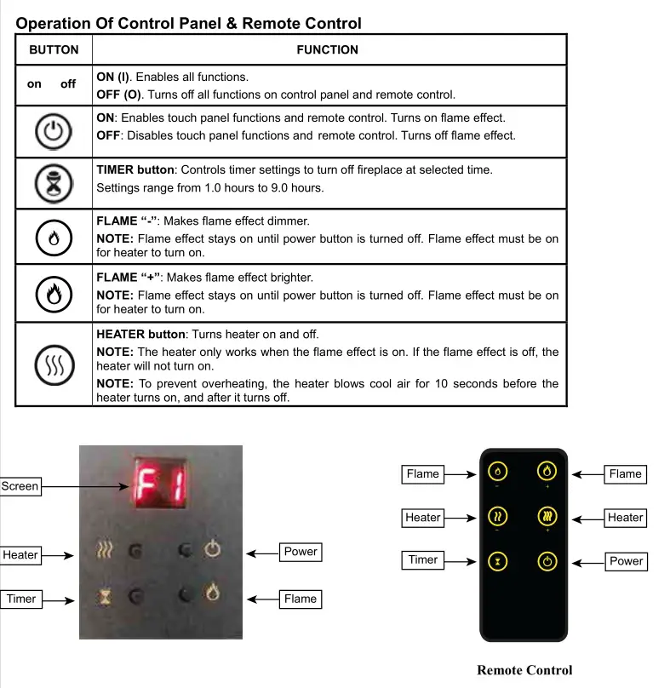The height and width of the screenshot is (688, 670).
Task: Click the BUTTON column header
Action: (x=54, y=50)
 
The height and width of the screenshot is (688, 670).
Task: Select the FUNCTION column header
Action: (x=328, y=50)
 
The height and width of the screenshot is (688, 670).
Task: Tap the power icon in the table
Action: (x=54, y=131)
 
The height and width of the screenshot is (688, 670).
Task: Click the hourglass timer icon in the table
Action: (x=54, y=182)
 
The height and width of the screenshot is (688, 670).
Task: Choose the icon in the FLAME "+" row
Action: (x=54, y=294)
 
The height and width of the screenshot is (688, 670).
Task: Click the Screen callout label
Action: (x=20, y=486)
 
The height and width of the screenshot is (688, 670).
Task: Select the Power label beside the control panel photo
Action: (x=300, y=552)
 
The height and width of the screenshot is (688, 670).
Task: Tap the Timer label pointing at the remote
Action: (x=423, y=559)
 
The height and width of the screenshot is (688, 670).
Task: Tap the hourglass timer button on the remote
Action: (x=499, y=561)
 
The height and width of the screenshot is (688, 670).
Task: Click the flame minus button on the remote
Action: (x=499, y=471)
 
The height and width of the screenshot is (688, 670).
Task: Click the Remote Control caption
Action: (x=524, y=670)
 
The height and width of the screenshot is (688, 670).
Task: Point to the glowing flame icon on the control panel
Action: (x=211, y=590)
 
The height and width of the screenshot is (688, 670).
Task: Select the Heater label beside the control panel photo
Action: (x=20, y=555)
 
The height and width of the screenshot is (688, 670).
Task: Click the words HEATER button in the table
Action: (x=140, y=335)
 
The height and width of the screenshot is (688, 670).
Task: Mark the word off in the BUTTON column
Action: (x=68, y=84)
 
